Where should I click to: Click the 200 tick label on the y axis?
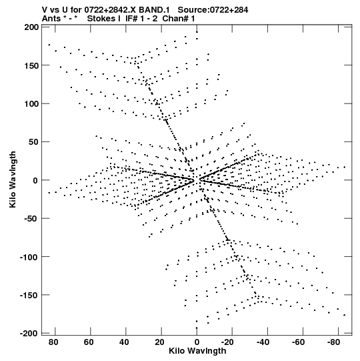pyautogui.click(x=31, y=27)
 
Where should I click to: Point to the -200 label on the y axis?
pyautogui.click(x=29, y=333)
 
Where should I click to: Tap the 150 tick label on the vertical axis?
pyautogui.click(x=31, y=65)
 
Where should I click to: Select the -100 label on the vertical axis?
pyautogui.click(x=29, y=257)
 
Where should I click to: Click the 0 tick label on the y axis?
pyautogui.click(x=35, y=180)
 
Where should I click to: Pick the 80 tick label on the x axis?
pyautogui.click(x=53, y=342)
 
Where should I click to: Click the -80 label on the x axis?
pyautogui.click(x=333, y=342)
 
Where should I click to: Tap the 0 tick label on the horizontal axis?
pyautogui.click(x=197, y=342)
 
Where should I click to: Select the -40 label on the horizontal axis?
pyautogui.click(x=263, y=342)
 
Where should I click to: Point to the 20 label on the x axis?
pyautogui.click(x=159, y=342)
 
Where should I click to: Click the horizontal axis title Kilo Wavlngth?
pyautogui.click(x=197, y=351)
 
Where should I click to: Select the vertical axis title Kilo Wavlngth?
pyautogui.click(x=13, y=179)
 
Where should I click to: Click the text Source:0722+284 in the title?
pyautogui.click(x=213, y=10)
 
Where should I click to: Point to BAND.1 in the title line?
pyautogui.click(x=154, y=10)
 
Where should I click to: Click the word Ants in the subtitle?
pyautogui.click(x=51, y=19)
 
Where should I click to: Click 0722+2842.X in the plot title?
pyautogui.click(x=111, y=10)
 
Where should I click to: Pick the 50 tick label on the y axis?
pyautogui.click(x=34, y=142)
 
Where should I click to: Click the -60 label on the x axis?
pyautogui.click(x=298, y=342)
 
